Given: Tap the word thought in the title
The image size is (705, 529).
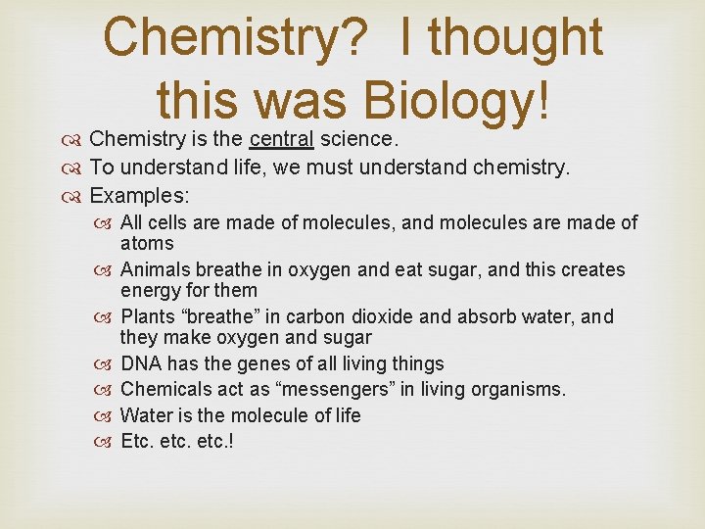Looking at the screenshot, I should point(515,37).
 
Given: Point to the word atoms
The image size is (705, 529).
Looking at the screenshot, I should point(147,243).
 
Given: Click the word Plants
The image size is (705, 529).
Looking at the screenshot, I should point(148,316).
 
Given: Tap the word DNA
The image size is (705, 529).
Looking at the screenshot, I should point(141,363).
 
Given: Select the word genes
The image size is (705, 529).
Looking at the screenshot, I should point(259,363).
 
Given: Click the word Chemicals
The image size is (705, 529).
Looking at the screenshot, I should point(164,389).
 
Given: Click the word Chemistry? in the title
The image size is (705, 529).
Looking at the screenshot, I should point(236,37).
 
